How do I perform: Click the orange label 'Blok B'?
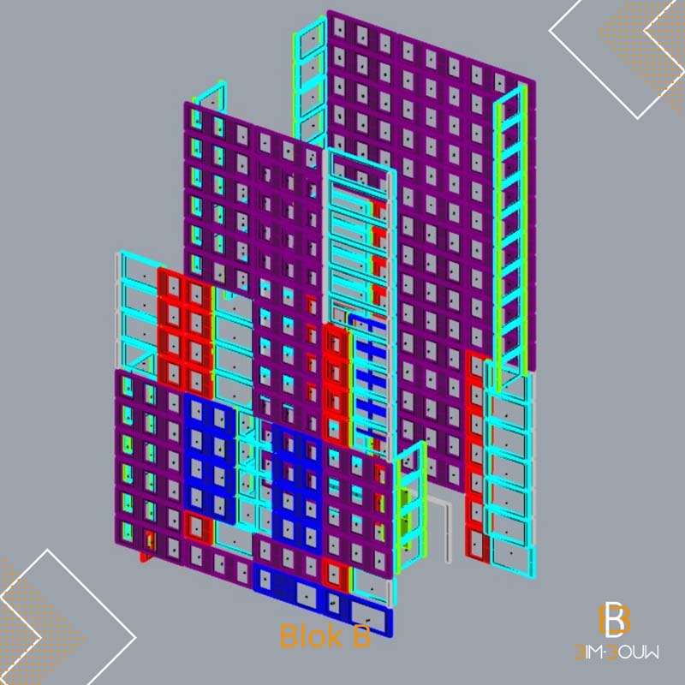pos(325,635)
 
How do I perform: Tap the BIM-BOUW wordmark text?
pos(616,652)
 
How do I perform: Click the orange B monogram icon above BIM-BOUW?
pos(614,618)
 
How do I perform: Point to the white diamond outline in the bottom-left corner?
pos(66,620)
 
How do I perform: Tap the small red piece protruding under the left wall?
pos(146,557)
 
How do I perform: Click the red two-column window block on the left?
pos(185,333)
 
